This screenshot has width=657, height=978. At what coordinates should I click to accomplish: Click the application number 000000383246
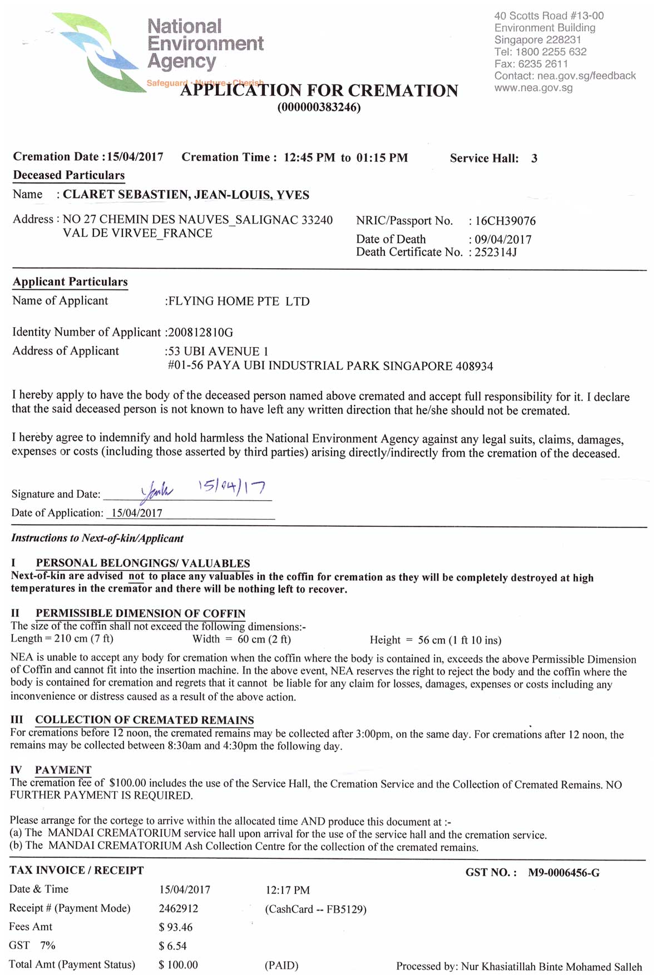click(319, 107)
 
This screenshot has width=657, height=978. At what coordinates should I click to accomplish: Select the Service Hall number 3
click(534, 159)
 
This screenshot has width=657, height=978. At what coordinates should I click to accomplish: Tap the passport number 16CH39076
click(505, 221)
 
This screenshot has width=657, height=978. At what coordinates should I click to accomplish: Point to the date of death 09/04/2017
click(503, 240)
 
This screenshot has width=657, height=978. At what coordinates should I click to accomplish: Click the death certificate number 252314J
click(496, 253)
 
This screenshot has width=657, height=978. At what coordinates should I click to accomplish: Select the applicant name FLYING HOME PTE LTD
click(239, 302)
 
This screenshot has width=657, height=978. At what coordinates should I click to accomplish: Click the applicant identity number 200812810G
click(200, 333)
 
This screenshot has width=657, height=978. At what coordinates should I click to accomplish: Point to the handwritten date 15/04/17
click(232, 487)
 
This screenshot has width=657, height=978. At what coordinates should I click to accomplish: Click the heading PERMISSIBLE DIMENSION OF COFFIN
click(140, 614)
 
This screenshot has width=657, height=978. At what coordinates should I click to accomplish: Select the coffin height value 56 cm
click(432, 640)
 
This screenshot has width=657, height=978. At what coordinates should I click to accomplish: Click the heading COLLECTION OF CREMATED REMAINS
click(144, 720)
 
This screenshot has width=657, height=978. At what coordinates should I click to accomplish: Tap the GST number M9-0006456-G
click(564, 873)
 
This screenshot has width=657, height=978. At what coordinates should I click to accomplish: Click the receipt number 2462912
click(178, 908)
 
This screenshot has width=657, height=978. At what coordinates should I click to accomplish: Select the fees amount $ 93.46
click(175, 927)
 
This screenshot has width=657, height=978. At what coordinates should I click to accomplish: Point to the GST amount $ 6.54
click(172, 946)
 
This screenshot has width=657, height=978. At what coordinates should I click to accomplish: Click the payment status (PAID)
click(281, 965)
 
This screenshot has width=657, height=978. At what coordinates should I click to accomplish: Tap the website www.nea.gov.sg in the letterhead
click(533, 88)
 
